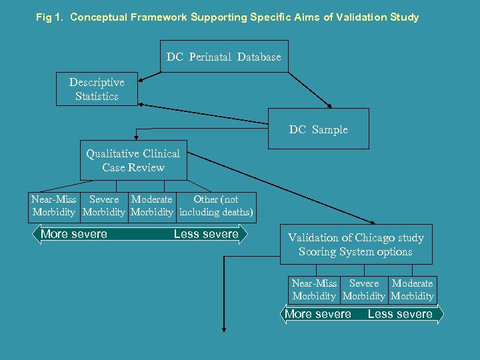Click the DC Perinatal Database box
pyautogui.click(x=224, y=57)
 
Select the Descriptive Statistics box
pyautogui.click(x=97, y=89)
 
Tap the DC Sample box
pyautogui.click(x=319, y=129)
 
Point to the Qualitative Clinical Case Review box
pyautogui.click(x=133, y=161)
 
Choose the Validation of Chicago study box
pyautogui.click(x=356, y=245)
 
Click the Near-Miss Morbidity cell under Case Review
pyautogui.click(x=54, y=206)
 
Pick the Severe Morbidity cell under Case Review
pyautogui.click(x=104, y=206)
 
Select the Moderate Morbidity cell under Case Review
pyautogui.click(x=152, y=206)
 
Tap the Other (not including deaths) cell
pyautogui.click(x=216, y=206)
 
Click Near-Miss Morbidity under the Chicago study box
pyautogui.click(x=315, y=290)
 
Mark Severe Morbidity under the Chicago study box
pyautogui.click(x=364, y=290)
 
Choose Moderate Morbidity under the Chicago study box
pyautogui.click(x=413, y=290)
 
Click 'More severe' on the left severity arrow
pyautogui.click(x=74, y=234)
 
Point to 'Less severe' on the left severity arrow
pyautogui.click(x=206, y=234)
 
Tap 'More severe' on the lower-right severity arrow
pyautogui.click(x=318, y=314)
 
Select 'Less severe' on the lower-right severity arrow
pyautogui.click(x=400, y=314)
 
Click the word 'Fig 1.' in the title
pyautogui.click(x=49, y=17)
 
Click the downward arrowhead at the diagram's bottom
pyautogui.click(x=224, y=328)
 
